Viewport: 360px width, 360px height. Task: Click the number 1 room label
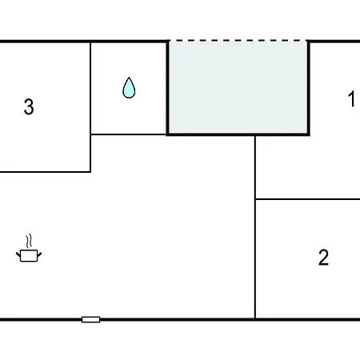coord(352,98)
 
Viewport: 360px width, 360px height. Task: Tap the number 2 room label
coord(323,257)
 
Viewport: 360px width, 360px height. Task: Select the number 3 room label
coord(29,106)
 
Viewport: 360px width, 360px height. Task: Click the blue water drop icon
coord(129,88)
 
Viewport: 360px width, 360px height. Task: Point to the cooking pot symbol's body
coord(29,256)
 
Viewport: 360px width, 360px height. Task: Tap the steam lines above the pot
coord(29,241)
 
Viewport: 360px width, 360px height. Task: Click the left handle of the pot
coord(18,255)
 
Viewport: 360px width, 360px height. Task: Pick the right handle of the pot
coord(39,255)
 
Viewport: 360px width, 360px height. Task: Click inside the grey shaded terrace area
coord(238,87)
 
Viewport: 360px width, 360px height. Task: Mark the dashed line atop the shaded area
coord(238,41)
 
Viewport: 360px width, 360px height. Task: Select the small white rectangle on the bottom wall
coord(91,319)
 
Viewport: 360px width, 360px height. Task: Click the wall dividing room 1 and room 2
coord(308,199)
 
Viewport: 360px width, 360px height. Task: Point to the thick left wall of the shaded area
coord(168,87)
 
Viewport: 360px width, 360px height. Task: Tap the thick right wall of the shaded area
coord(308,87)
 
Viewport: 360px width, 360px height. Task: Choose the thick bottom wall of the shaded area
coord(238,134)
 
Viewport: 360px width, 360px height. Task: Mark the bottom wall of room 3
coord(46,172)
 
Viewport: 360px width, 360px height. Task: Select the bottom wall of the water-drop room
coord(129,134)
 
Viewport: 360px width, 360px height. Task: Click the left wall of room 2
coord(255,258)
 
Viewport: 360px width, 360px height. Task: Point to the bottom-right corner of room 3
coord(90,172)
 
